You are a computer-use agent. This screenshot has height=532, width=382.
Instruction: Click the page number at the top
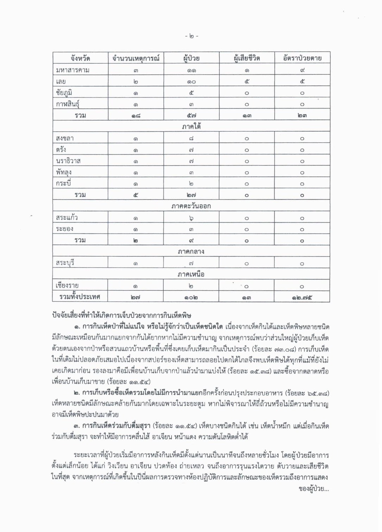192,36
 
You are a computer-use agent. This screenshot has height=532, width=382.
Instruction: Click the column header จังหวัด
80,58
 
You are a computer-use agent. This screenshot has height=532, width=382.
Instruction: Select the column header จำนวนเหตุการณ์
136,58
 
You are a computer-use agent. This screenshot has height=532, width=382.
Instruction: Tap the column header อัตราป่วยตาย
302,58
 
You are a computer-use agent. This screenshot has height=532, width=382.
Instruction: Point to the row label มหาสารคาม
73,70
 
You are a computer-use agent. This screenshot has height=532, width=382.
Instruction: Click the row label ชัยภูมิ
66,93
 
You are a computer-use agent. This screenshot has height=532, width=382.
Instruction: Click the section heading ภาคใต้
191,126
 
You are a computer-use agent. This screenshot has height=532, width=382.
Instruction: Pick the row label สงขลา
65,138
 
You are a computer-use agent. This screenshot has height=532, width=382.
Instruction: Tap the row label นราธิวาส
68,161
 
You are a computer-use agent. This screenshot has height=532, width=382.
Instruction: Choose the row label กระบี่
64,183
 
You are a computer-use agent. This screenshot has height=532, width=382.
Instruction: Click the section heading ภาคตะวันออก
191,206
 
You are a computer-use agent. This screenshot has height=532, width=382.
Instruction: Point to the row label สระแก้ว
67,218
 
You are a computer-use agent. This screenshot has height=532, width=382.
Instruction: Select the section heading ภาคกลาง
191,252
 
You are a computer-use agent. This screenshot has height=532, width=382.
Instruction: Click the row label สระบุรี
65,263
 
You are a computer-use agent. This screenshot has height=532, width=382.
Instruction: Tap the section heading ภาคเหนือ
191,274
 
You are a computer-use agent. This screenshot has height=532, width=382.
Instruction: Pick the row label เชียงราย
67,286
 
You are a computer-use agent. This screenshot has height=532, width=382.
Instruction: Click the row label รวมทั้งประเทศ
80,297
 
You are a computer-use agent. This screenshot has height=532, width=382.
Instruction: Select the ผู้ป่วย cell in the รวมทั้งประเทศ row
191,297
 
